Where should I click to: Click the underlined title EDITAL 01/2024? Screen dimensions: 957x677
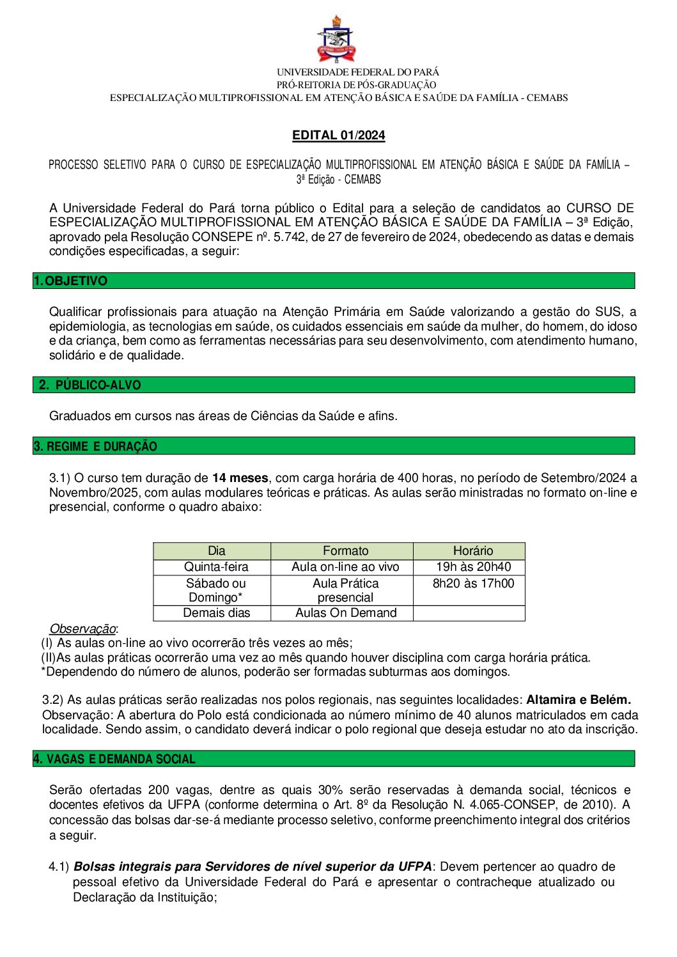coord(338,135)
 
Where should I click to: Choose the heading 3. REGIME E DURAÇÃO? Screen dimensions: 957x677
coord(95,446)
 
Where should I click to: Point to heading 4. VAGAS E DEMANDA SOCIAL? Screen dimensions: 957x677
coord(114,759)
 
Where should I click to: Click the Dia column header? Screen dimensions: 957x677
coord(216,550)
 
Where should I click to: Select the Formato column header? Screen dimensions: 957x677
coord(345,550)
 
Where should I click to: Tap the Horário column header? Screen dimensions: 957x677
coord(472,550)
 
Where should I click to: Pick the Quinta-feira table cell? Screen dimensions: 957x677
coord(216,567)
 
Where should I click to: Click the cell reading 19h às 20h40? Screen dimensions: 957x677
coord(473,567)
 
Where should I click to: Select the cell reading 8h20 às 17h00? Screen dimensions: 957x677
coord(473,583)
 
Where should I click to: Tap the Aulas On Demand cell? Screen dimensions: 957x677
coord(345,612)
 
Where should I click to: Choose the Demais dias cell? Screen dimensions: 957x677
coord(216,612)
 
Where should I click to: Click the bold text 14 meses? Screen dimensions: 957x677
coord(240,478)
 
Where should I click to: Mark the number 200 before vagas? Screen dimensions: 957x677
coord(159,790)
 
